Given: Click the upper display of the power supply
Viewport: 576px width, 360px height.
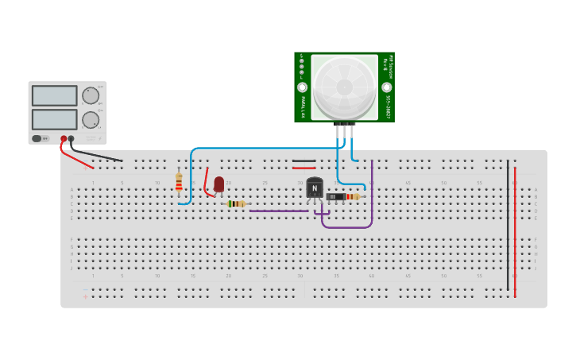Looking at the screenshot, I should tap(54, 95).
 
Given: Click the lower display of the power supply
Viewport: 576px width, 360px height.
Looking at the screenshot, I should tap(54, 119).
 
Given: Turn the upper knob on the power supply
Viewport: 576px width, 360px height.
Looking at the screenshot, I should tap(91, 95).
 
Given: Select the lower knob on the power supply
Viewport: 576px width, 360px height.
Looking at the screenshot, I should tap(91, 120).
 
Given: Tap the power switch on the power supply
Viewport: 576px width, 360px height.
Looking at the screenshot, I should tap(37, 138).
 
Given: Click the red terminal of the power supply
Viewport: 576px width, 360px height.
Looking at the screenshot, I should tap(64, 138).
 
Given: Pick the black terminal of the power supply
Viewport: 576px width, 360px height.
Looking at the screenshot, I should tap(72, 138).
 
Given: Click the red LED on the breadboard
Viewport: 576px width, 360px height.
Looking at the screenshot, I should tap(218, 184).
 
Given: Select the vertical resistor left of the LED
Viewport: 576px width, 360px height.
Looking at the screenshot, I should tap(179, 182).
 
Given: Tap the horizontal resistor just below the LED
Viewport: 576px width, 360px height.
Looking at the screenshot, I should tap(236, 203).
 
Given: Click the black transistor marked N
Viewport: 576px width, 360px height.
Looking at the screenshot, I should tap(315, 188).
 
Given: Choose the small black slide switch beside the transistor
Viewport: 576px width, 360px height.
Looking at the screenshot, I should tap(335, 196).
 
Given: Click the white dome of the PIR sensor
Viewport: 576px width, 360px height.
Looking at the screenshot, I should tap(344, 87).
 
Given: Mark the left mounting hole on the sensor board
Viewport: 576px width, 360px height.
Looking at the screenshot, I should tap(302, 87).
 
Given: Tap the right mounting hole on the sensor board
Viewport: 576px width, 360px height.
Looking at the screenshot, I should tap(387, 87).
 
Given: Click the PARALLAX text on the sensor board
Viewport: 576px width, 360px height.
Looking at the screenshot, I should tap(303, 106).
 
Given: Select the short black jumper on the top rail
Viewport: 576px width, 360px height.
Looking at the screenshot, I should tap(303, 161).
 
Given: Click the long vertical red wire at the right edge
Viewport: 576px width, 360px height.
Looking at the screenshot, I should tap(515, 230).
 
